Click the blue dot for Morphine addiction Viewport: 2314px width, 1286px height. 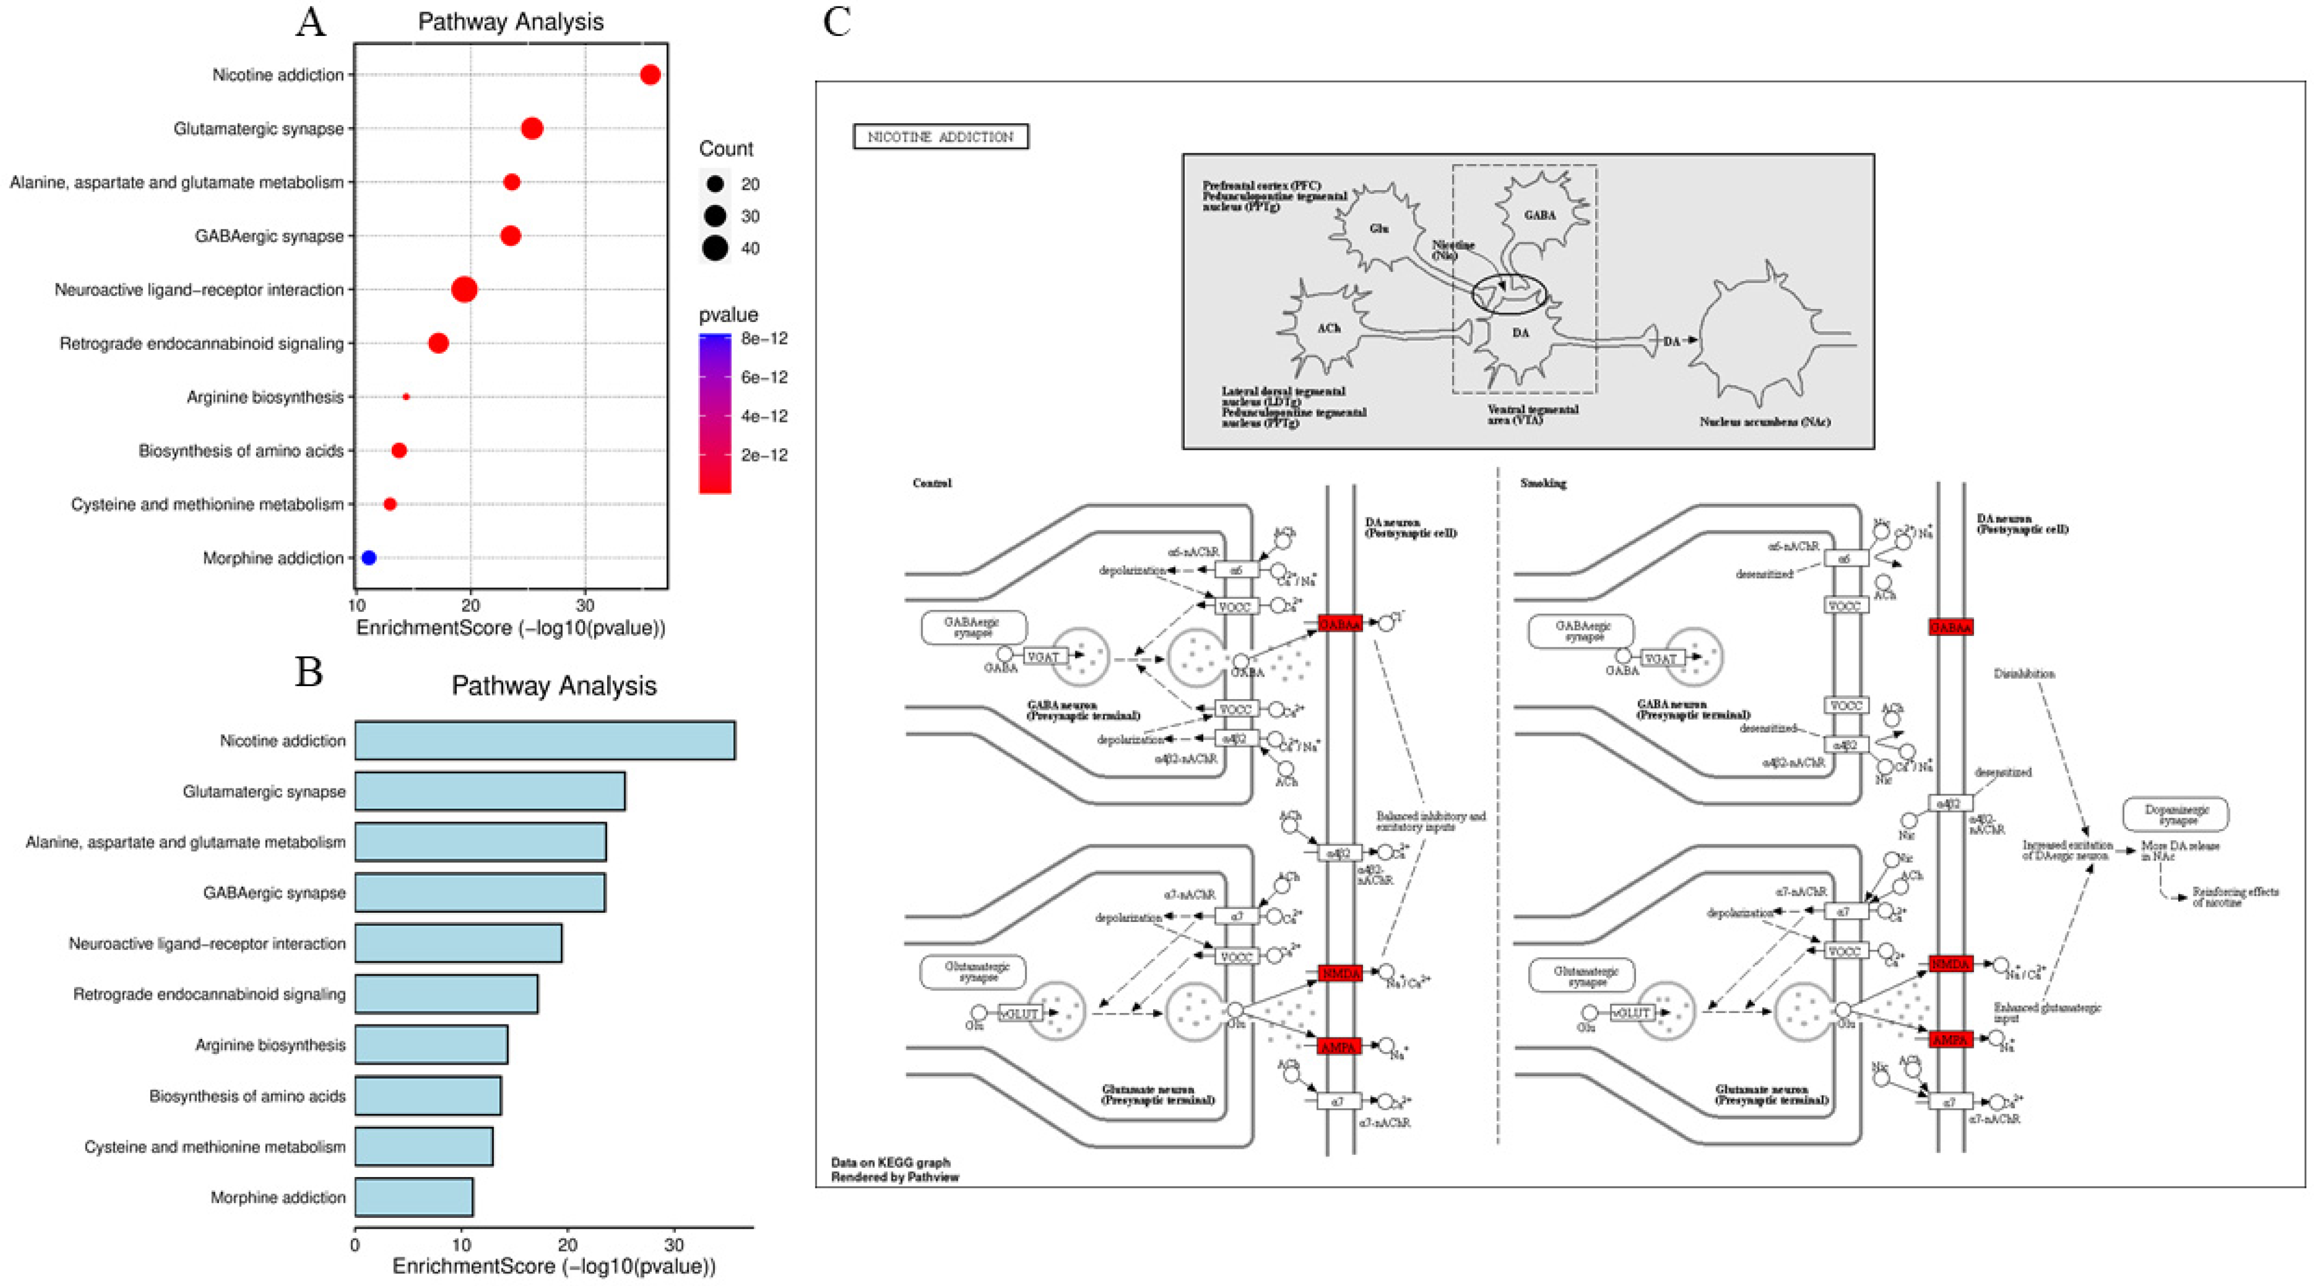click(x=368, y=557)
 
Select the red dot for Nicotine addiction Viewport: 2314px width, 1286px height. click(x=650, y=75)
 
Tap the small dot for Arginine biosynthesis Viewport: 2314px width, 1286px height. click(x=406, y=396)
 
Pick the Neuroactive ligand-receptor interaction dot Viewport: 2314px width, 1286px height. click(x=464, y=289)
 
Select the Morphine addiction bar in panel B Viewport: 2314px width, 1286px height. click(x=413, y=1197)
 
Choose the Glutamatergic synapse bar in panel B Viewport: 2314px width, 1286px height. click(x=489, y=791)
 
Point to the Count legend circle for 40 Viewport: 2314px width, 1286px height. click(x=715, y=248)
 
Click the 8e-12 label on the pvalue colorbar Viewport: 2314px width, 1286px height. click(x=765, y=338)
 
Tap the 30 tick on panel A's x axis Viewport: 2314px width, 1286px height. click(x=585, y=605)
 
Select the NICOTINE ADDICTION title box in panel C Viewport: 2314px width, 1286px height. click(x=941, y=137)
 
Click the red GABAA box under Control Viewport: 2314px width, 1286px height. click(x=1340, y=623)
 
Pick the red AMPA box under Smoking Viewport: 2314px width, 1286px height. click(x=1950, y=1040)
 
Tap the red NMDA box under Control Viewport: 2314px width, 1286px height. click(x=1340, y=973)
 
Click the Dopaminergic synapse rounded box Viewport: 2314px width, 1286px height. click(x=2175, y=815)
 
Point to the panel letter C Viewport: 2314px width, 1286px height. click(x=837, y=22)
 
